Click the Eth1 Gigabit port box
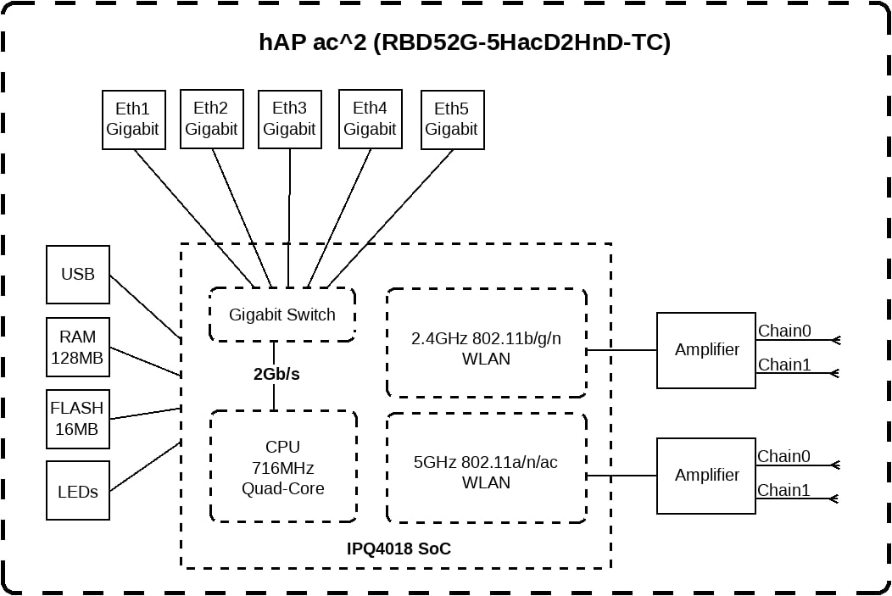pos(134,120)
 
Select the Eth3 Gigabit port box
pos(289,119)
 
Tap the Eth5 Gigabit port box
pos(452,120)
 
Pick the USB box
pos(78,274)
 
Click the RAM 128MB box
pos(78,347)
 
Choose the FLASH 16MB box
pos(78,419)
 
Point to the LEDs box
pos(78,490)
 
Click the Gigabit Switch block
pos(282,315)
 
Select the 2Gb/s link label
pos(276,374)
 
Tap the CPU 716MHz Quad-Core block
pos(283,466)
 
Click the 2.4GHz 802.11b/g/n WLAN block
pos(487,343)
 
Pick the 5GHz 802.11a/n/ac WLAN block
pos(487,468)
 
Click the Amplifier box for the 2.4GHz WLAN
pos(706,350)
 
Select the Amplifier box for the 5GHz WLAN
pos(706,476)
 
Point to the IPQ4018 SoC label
pos(399,549)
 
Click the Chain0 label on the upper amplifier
pos(784,331)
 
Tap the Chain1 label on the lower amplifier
pos(783,490)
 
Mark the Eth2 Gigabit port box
pos(212,119)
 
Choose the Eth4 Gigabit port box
pos(371,119)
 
